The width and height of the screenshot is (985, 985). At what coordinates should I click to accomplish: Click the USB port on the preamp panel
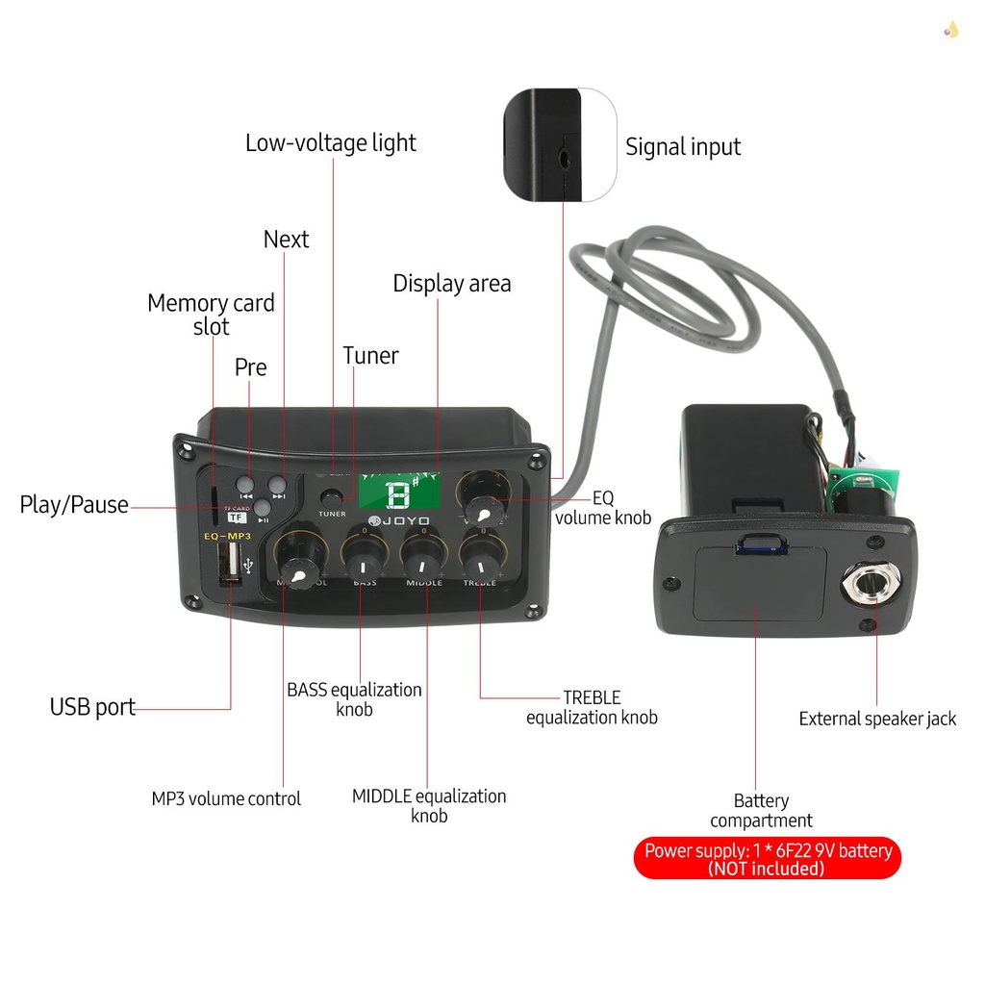tap(230, 565)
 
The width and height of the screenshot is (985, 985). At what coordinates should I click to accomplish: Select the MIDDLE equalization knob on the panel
tap(421, 555)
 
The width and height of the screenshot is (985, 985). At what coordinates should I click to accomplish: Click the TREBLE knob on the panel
tap(479, 554)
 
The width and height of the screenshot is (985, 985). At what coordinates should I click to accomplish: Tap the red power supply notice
tap(767, 859)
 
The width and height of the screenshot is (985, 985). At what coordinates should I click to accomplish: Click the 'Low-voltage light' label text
tap(331, 143)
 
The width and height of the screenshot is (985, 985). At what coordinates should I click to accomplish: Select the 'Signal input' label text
tap(683, 147)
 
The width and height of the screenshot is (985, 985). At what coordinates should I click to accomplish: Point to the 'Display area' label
tap(451, 284)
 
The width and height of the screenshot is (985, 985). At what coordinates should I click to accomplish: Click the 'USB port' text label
tap(92, 707)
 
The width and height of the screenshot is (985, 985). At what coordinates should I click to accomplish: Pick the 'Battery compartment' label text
tap(761, 810)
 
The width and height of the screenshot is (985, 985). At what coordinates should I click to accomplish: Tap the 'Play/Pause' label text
tap(74, 505)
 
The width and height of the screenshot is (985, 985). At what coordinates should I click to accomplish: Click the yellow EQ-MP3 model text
tap(227, 535)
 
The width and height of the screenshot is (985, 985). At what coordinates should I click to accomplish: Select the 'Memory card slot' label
tap(211, 315)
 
